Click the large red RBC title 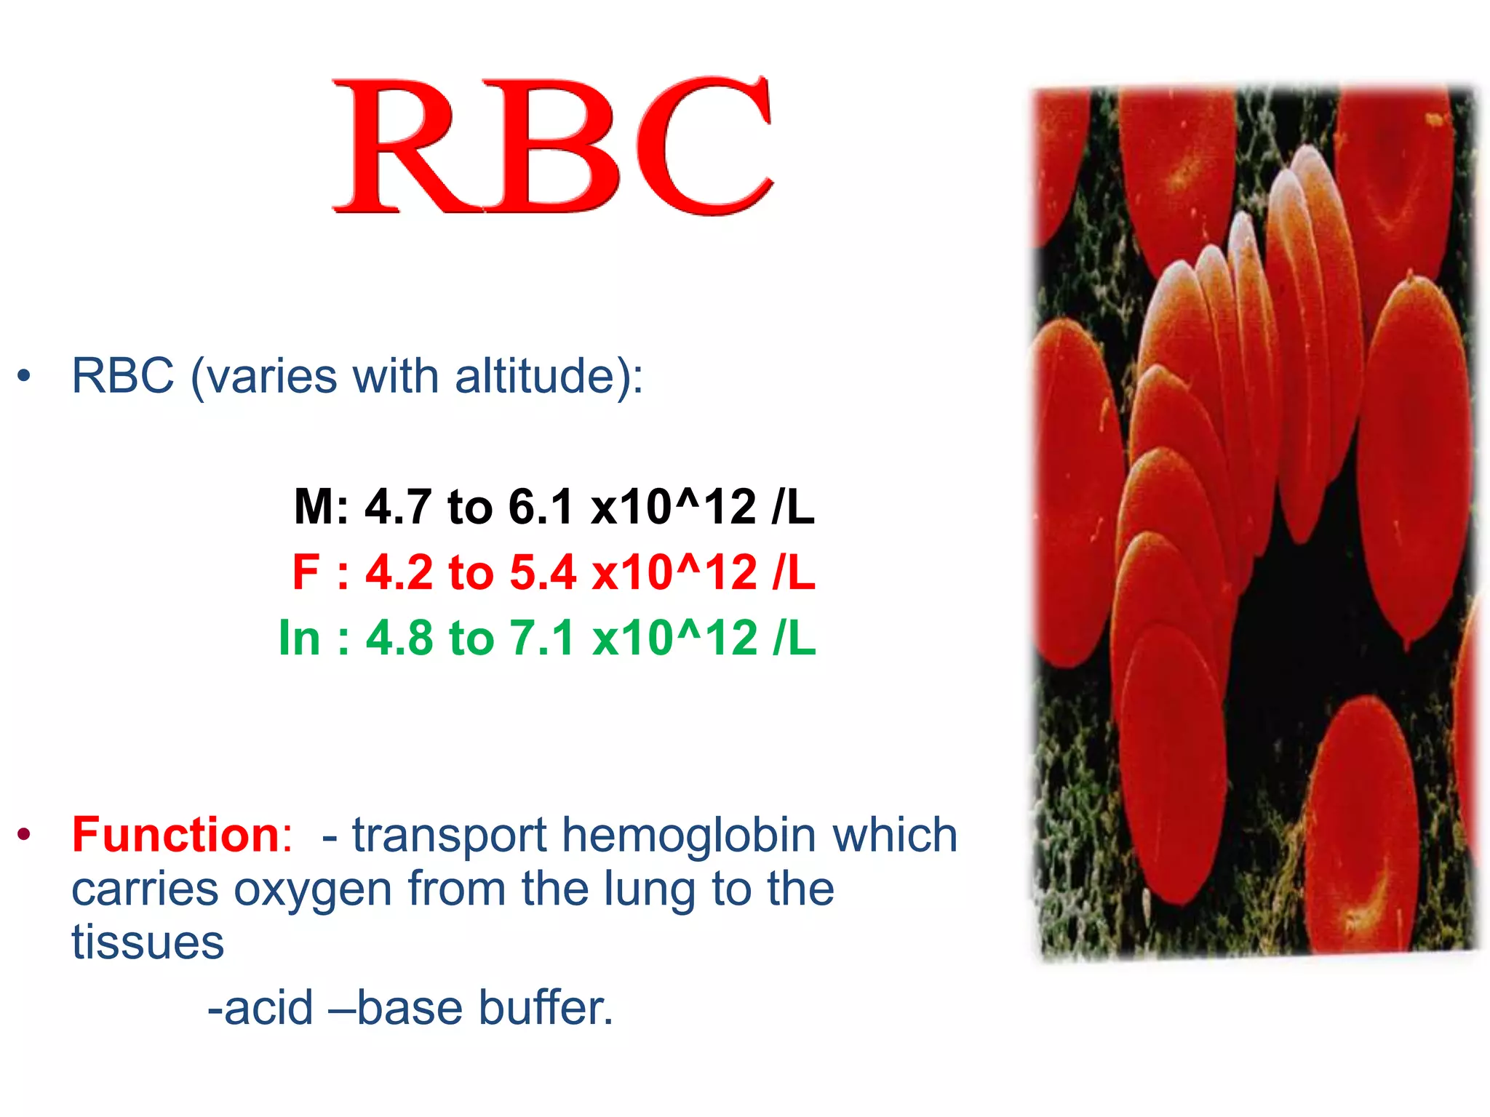(x=553, y=145)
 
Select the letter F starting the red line (x=306, y=572)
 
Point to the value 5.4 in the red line (x=542, y=572)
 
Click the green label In (x=299, y=638)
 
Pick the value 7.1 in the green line (x=542, y=638)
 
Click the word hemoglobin (x=688, y=835)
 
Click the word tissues (x=148, y=942)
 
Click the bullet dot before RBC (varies (x=25, y=376)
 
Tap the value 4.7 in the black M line (x=397, y=506)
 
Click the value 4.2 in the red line (x=399, y=572)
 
